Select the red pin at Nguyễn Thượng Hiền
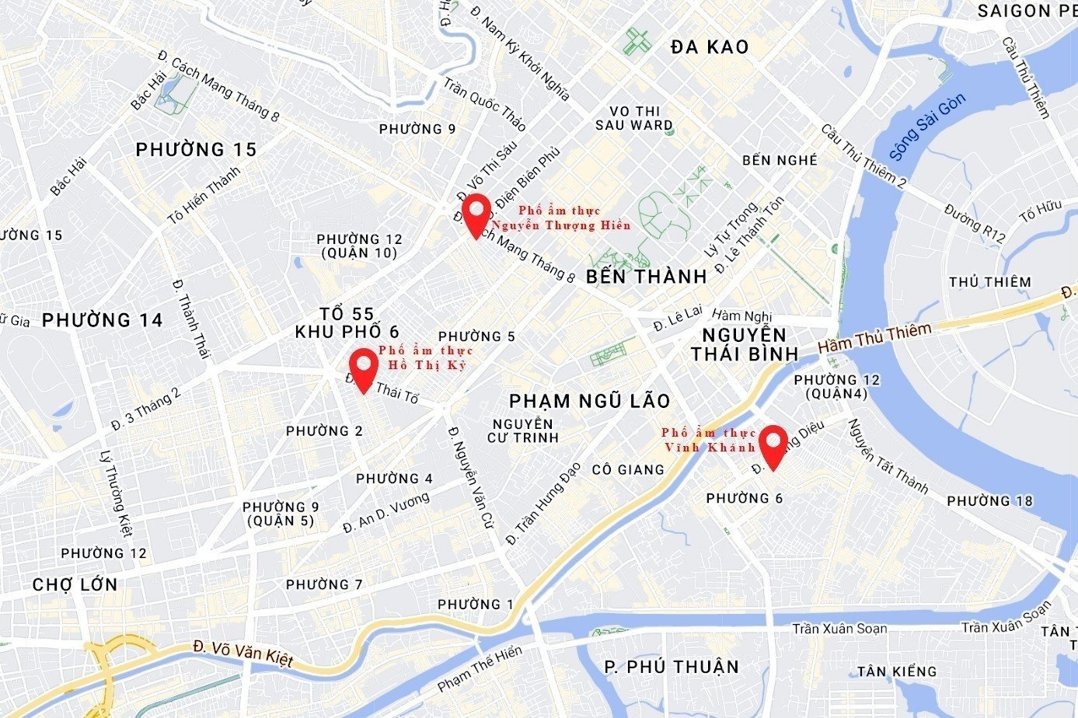[x=476, y=214]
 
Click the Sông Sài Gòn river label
[x=927, y=127]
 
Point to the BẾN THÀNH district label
[x=646, y=277]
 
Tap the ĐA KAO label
[x=710, y=47]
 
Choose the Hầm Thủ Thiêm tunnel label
[x=874, y=340]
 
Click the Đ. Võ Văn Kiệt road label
[x=243, y=654]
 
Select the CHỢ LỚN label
[x=75, y=584]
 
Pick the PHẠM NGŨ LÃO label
[x=589, y=401]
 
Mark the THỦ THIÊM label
[x=989, y=282]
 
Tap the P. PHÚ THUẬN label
[x=672, y=667]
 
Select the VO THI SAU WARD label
[x=634, y=118]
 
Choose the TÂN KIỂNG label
[x=897, y=671]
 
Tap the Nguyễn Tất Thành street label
[x=888, y=457]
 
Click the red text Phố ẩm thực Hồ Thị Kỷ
[x=426, y=358]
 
